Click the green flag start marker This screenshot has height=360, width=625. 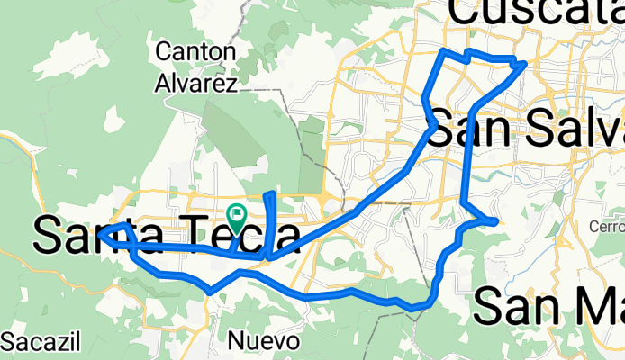(239, 216)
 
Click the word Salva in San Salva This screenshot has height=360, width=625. (575, 128)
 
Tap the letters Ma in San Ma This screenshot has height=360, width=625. (595, 307)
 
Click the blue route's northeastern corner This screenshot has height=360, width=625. (524, 62)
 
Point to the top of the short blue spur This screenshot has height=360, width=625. (269, 193)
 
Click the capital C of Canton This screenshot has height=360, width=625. (163, 51)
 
